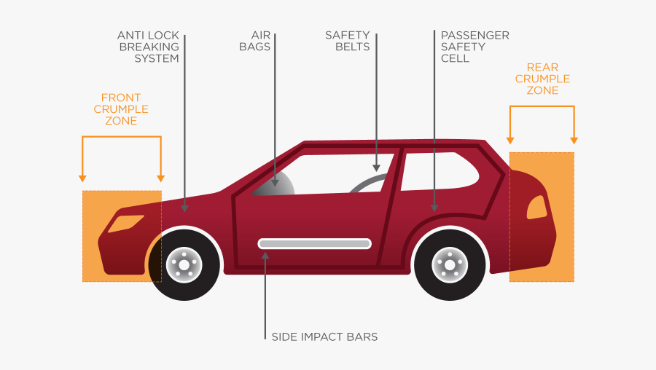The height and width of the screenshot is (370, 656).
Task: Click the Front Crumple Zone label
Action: click(x=121, y=109)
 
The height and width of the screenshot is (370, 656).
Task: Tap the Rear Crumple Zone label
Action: click(x=542, y=79)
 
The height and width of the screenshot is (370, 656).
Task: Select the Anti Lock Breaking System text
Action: click(x=148, y=47)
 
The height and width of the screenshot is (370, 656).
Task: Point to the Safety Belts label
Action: click(x=347, y=41)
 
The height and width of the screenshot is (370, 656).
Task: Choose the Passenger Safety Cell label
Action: click(x=475, y=47)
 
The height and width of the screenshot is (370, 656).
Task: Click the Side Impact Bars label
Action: click(x=324, y=337)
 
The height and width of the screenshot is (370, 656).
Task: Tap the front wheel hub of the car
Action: click(x=184, y=264)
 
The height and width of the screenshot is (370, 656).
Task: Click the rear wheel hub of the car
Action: click(x=449, y=264)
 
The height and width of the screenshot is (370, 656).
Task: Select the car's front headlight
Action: click(x=125, y=224)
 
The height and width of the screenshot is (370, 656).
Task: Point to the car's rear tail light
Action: click(x=537, y=208)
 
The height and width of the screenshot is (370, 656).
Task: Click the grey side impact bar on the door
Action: click(x=314, y=243)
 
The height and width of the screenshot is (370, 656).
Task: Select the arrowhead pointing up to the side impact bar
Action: click(x=265, y=255)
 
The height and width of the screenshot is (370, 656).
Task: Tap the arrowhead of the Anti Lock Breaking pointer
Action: click(x=185, y=208)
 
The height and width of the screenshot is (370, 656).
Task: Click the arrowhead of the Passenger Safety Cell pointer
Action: click(x=434, y=208)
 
